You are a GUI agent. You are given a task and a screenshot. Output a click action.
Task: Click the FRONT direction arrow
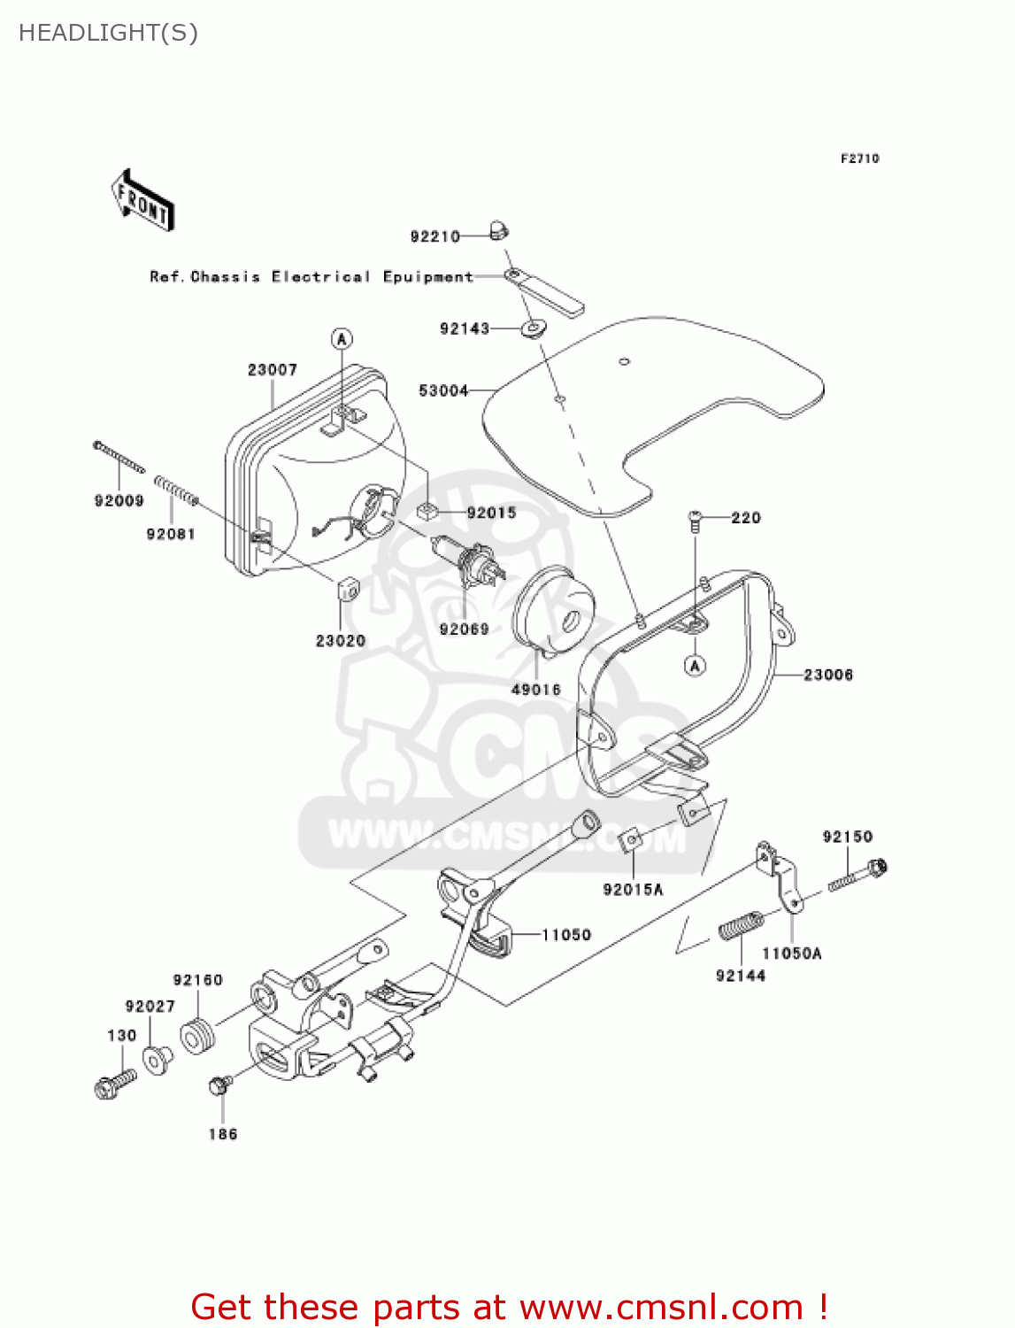142,201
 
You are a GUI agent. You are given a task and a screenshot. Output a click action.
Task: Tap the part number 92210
434,236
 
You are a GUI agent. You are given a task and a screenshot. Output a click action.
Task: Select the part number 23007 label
272,370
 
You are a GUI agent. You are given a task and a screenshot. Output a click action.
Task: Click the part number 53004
442,390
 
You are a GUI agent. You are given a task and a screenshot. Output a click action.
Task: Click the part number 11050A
792,954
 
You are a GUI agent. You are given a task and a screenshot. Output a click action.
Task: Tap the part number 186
223,1134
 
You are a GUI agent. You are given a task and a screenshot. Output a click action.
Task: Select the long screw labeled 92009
119,458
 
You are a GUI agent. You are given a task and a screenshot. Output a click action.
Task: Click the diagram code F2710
859,158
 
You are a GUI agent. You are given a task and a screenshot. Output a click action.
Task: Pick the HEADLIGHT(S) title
108,33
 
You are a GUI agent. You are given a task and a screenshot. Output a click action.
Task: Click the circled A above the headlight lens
342,338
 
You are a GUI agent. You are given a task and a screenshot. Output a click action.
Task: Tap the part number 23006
828,675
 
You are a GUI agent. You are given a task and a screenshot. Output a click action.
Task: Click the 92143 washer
532,330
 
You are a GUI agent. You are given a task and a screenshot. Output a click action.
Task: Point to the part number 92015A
633,890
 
